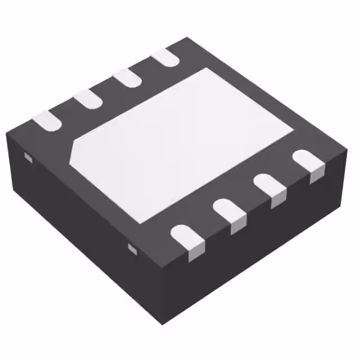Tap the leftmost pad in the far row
(x=46, y=120)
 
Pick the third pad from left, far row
(x=127, y=78)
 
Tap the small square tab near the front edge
(x=132, y=248)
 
